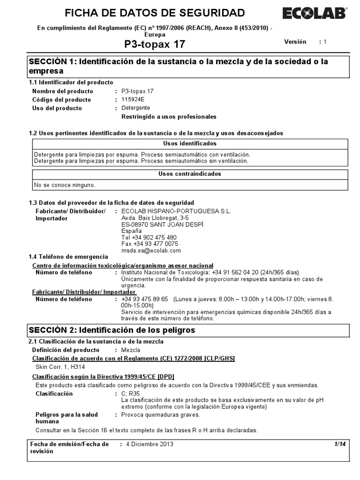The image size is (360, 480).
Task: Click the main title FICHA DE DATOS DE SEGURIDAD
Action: (x=155, y=13)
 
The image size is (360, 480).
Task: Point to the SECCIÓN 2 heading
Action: (x=112, y=330)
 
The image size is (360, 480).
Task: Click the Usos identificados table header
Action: (x=190, y=143)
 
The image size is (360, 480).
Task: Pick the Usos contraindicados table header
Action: (x=190, y=174)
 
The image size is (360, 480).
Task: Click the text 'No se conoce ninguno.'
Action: (x=65, y=185)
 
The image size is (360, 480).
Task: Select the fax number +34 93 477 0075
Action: (x=150, y=244)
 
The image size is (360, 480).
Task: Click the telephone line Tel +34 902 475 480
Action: (x=149, y=238)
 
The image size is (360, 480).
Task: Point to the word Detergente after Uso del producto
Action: (x=136, y=108)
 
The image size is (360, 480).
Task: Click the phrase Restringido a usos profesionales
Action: (x=169, y=117)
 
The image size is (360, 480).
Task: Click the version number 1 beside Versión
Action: (x=324, y=42)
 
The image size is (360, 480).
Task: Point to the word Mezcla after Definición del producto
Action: (x=131, y=350)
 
